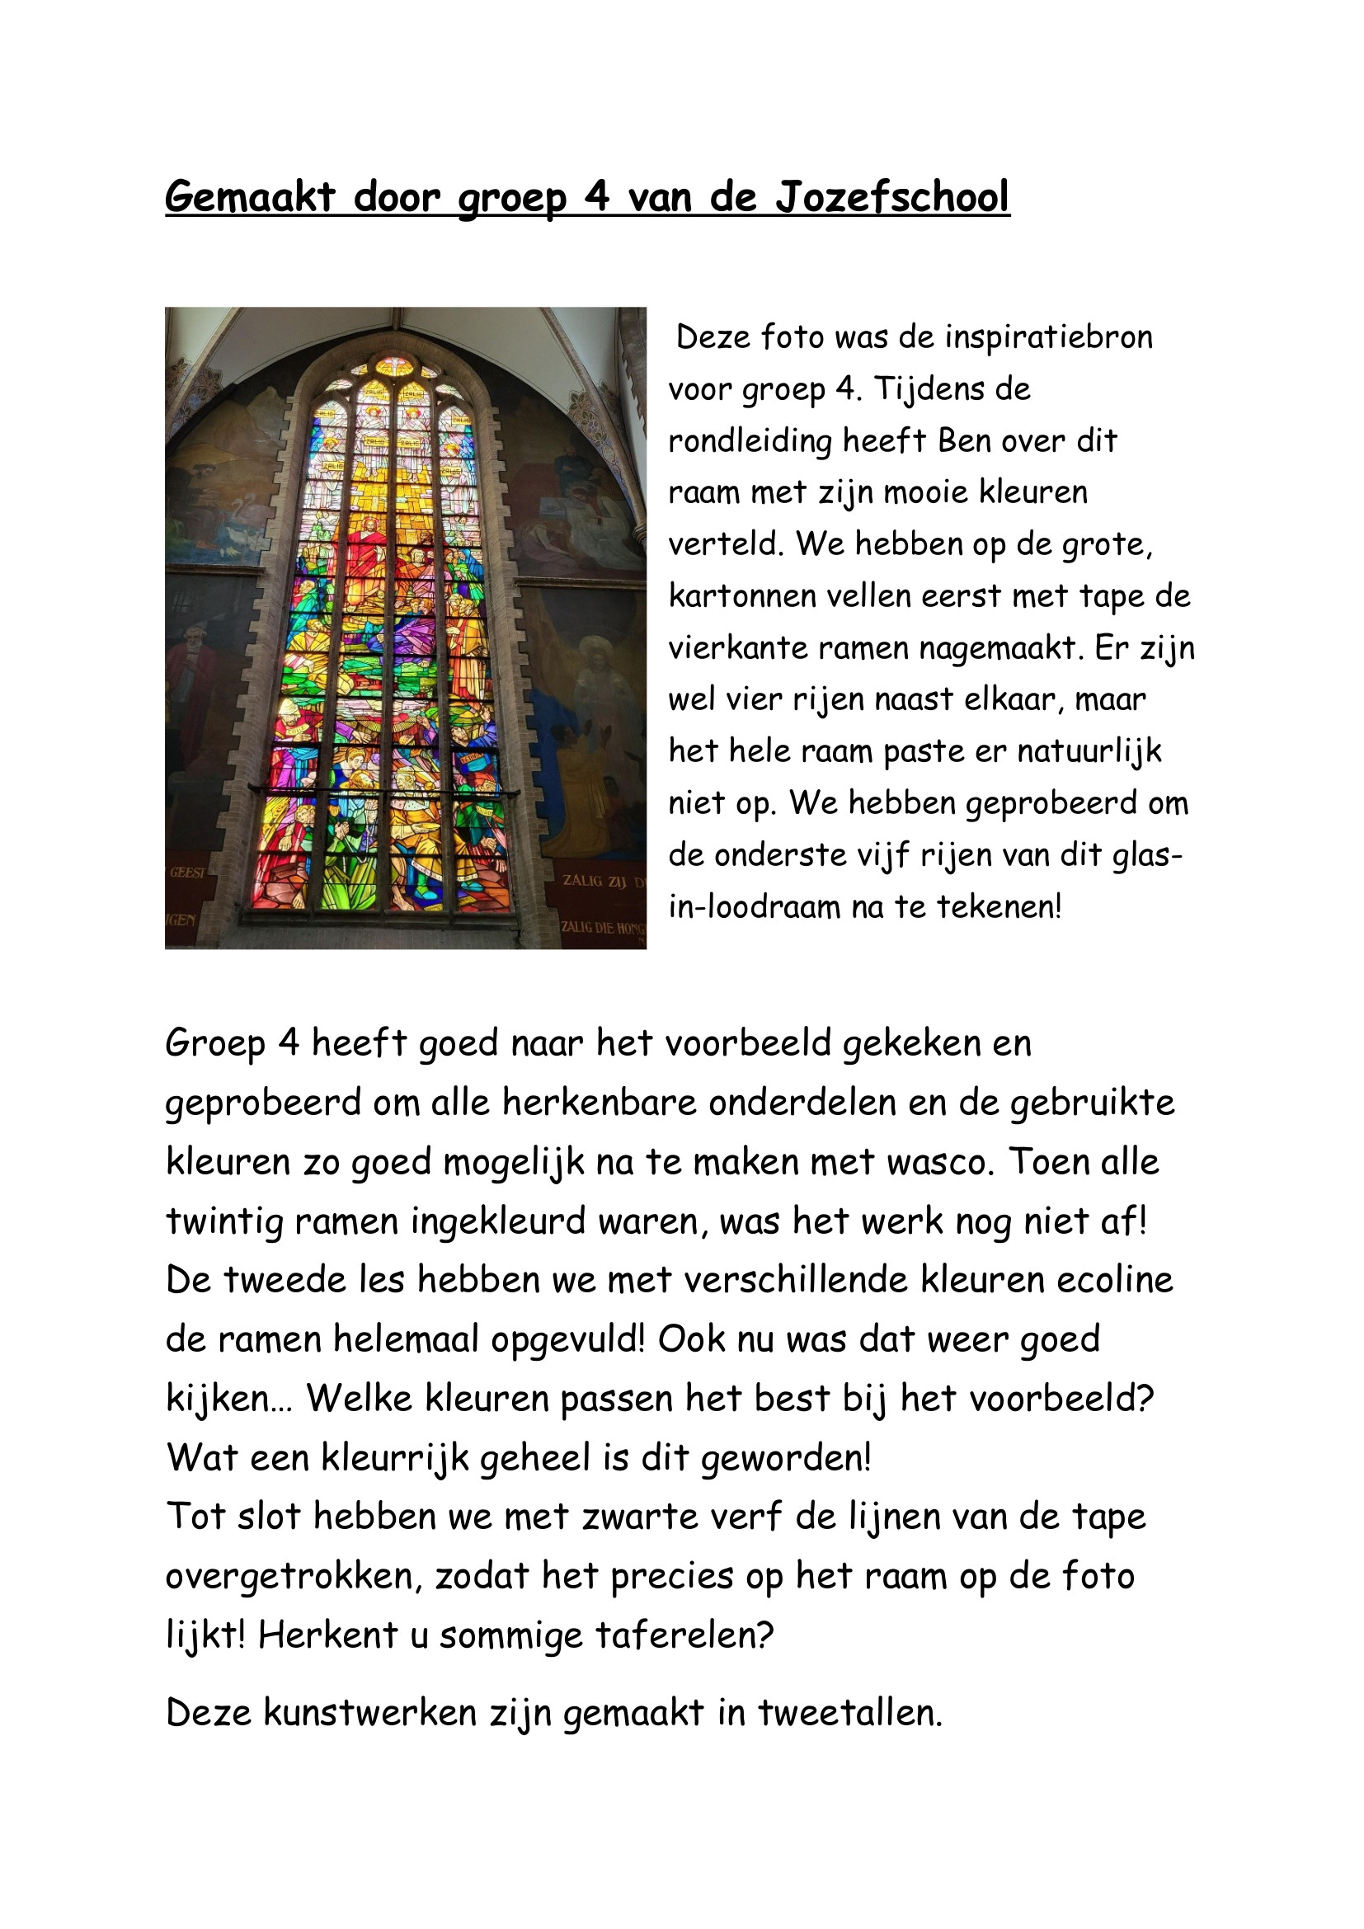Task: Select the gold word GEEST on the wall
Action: pos(186,872)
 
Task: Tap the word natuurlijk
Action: pos(1089,751)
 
